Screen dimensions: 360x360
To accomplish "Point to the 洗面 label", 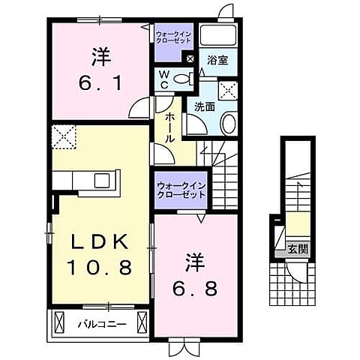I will tap(205, 106).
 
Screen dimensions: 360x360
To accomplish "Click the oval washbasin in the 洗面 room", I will tap(230, 123).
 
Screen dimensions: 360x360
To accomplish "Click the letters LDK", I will tap(102, 241).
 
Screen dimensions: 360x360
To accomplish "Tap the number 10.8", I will tap(102, 267).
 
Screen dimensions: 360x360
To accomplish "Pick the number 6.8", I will tap(197, 289).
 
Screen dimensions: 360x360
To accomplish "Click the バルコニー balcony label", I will tap(105, 325).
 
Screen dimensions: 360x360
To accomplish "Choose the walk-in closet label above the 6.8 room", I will tap(180, 190).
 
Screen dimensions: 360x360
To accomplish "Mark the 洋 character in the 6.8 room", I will tap(196, 263).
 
